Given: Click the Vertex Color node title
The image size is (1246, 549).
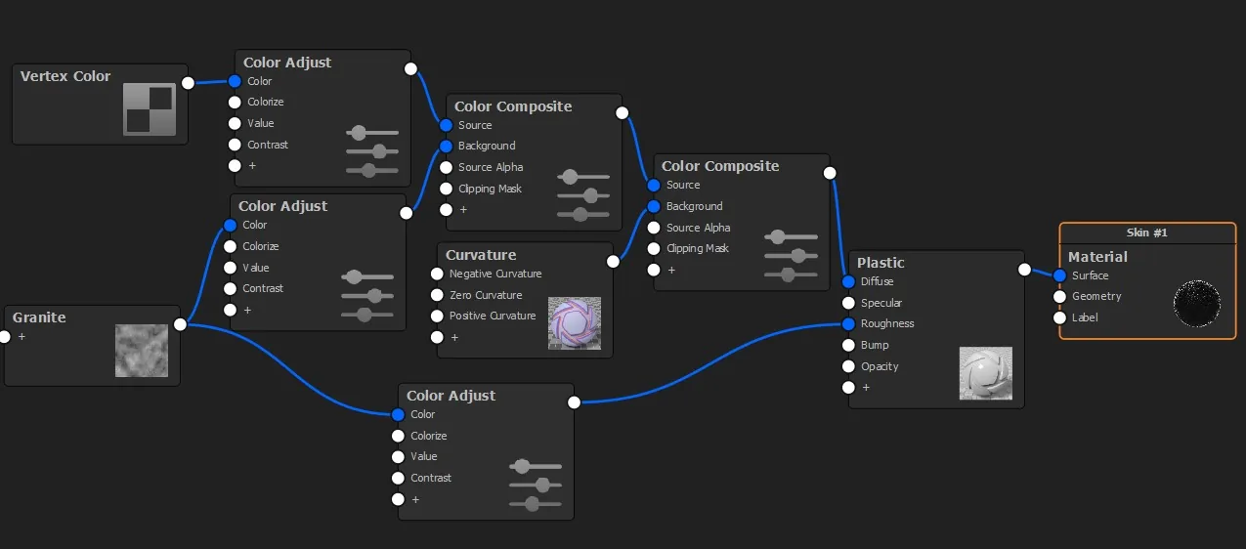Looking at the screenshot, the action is click(x=65, y=76).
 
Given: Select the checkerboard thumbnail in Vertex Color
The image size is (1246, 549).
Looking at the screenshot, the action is click(x=150, y=109).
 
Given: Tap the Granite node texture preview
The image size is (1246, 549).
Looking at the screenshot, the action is click(x=142, y=351).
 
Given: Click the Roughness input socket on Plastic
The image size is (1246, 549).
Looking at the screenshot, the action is click(x=848, y=323).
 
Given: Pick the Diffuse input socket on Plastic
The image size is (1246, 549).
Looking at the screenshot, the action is click(x=848, y=281).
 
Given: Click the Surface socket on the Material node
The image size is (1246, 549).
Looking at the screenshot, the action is click(x=1059, y=275).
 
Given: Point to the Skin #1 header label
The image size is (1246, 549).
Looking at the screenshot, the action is click(x=1146, y=232).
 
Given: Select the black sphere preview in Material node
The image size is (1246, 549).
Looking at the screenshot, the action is click(x=1197, y=303).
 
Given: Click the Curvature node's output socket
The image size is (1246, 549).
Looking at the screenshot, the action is click(x=613, y=262).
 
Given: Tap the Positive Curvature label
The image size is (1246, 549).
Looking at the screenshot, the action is click(x=493, y=316).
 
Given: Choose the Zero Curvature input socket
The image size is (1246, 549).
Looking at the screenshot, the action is click(x=437, y=295).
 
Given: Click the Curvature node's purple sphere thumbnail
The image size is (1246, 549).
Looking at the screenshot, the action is click(x=575, y=323).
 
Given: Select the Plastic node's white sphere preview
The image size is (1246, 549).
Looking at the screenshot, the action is click(x=986, y=373).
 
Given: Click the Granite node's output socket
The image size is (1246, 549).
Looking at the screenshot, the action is click(x=180, y=324).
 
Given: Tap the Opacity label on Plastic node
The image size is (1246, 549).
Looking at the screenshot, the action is click(x=880, y=366).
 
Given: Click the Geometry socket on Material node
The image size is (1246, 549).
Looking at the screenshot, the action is click(x=1059, y=296).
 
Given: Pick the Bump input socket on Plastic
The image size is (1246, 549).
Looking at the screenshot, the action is click(x=848, y=345).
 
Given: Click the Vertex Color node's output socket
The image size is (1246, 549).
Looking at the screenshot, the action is click(x=188, y=83).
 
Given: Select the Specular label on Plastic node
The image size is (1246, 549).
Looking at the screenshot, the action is click(x=881, y=303).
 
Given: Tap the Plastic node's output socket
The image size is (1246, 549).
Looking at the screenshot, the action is click(x=1024, y=270).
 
